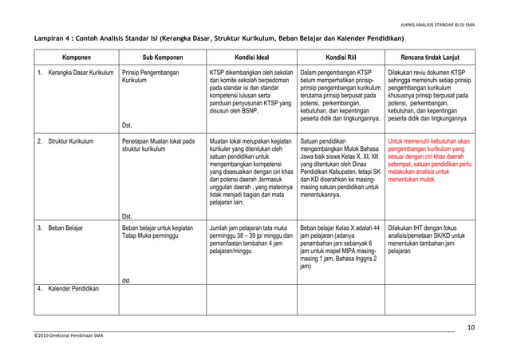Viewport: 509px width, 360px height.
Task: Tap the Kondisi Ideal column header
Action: pyautogui.click(x=251, y=57)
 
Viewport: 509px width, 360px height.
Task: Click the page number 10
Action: pyautogui.click(x=470, y=327)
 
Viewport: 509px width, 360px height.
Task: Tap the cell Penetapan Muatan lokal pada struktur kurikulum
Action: pyautogui.click(x=158, y=146)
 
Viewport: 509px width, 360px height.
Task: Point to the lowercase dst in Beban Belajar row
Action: pyautogui.click(x=126, y=280)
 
